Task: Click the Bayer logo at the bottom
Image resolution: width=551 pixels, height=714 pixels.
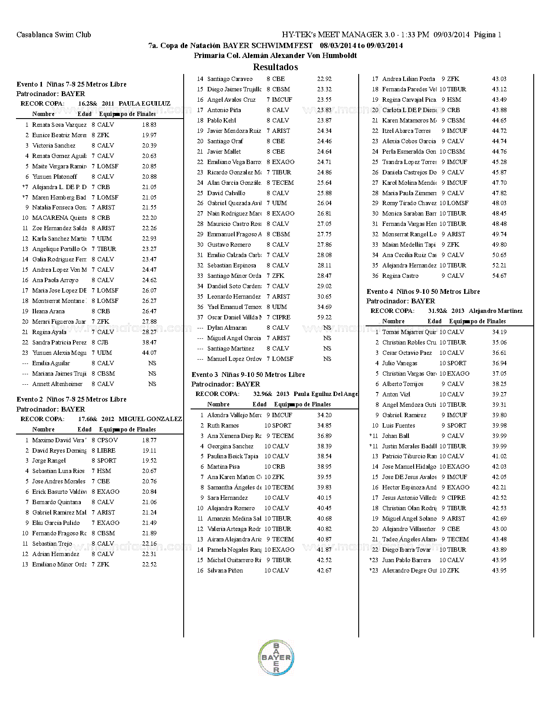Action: coord(276,657)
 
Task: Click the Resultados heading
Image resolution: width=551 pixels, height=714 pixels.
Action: coord(275,67)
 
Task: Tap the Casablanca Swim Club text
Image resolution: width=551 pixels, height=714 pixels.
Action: coord(54,35)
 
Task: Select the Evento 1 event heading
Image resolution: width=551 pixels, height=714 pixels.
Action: coord(71,84)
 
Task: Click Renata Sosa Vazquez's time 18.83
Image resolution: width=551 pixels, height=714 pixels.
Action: coord(149,125)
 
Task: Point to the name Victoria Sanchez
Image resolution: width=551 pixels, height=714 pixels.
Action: coord(54,145)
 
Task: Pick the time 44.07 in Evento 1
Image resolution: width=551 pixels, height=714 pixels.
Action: coord(149,353)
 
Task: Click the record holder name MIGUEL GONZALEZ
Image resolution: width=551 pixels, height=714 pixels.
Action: coord(150,419)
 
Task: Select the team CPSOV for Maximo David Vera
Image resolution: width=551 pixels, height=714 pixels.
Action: coord(107,440)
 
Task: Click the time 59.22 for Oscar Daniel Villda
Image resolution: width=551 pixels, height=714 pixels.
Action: coord(324,317)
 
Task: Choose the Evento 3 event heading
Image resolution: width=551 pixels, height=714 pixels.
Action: coord(248,375)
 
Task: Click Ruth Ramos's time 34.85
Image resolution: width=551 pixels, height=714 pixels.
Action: coord(324,425)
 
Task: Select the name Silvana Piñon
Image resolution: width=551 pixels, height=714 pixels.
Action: coord(225,570)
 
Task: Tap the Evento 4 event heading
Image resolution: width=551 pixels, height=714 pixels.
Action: coord(423,292)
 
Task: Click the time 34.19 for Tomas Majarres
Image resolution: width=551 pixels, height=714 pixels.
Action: coord(499,332)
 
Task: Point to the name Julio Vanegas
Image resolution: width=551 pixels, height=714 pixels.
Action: coord(400,363)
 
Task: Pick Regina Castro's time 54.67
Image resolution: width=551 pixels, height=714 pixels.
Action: coord(499,276)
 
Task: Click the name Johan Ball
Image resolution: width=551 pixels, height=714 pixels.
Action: coord(395,436)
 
